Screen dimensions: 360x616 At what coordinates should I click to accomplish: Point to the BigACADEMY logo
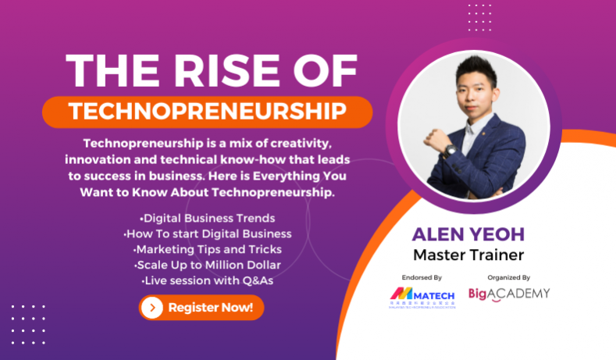click(509, 294)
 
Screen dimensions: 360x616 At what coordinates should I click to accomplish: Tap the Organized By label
click(508, 276)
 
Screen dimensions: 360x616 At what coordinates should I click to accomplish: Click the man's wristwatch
click(450, 149)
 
